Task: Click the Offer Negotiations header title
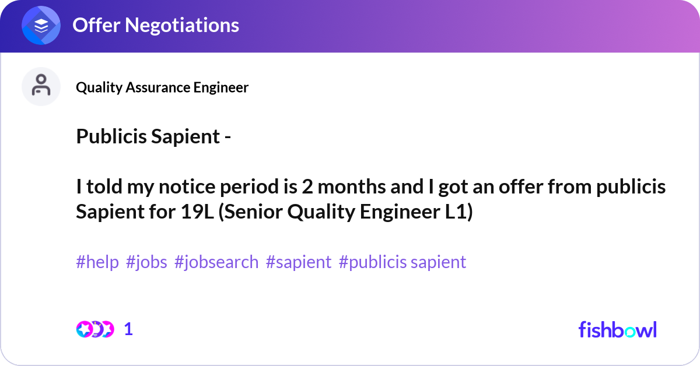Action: pos(155,25)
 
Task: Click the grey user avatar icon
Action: pos(41,86)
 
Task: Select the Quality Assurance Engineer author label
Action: pos(162,87)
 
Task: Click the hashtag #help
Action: pos(97,262)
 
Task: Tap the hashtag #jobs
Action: pos(146,262)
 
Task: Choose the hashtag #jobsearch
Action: pos(216,262)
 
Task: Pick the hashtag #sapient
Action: pos(299,262)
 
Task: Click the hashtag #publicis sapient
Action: pos(402,262)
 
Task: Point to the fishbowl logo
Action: pos(617,329)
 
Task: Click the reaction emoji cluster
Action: pos(95,329)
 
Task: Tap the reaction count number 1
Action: pos(128,329)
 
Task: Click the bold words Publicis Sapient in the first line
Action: pos(148,138)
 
